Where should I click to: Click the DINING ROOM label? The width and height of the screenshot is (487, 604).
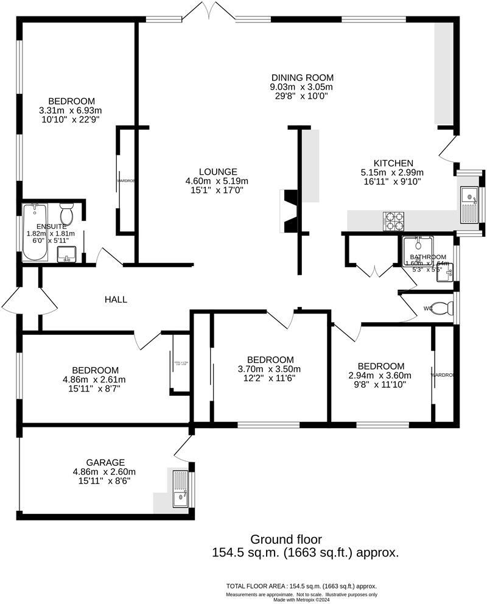point(303,77)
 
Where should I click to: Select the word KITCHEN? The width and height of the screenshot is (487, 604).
point(393,163)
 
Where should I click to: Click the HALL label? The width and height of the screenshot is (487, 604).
point(116,299)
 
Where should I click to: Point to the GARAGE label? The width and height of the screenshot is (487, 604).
point(105,462)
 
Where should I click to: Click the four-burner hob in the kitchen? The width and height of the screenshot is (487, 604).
point(393,221)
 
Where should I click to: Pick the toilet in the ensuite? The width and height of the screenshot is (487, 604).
point(67,214)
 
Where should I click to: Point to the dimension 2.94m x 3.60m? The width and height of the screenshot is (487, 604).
point(380,375)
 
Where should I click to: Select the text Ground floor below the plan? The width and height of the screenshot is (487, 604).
point(286,539)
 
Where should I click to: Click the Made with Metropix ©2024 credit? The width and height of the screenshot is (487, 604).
point(301,600)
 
